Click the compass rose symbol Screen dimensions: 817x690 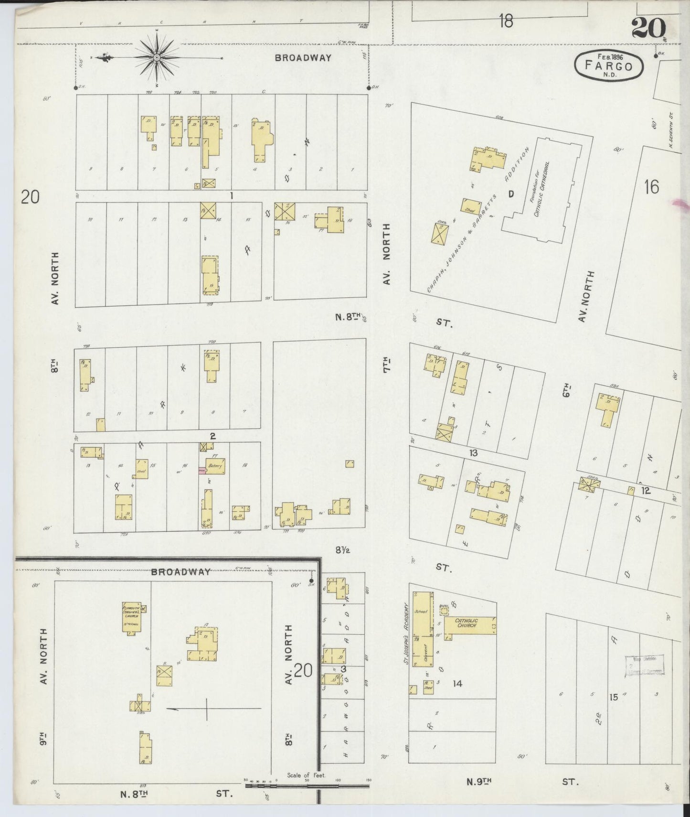[x=157, y=58]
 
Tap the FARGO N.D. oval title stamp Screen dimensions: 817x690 [x=608, y=65]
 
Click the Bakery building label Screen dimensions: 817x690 [x=214, y=467]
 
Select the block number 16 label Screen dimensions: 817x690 [x=651, y=187]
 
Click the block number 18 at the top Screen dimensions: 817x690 [x=506, y=21]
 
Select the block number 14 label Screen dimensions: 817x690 [x=457, y=684]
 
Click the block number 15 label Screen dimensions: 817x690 [x=614, y=697]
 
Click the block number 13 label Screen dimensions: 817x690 [x=473, y=452]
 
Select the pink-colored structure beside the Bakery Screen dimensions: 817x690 [x=202, y=471]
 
